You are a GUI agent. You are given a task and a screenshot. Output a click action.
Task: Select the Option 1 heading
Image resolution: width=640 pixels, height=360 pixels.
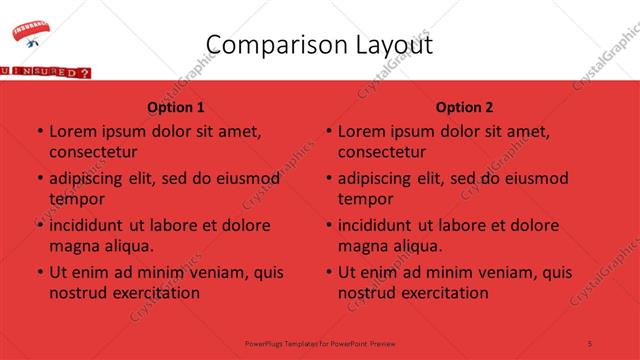tap(176, 107)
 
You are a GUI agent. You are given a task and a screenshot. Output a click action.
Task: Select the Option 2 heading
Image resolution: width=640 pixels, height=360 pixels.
tap(465, 107)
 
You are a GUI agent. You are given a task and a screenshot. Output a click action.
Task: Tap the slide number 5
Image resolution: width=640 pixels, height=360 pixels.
tap(590, 343)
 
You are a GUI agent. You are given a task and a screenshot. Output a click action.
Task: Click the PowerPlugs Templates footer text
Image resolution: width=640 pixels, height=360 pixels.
tap(320, 343)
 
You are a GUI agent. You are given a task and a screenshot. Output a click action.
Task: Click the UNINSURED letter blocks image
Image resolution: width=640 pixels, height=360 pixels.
tap(45, 72)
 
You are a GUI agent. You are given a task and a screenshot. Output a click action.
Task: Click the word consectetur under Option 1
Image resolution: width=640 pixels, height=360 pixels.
tap(93, 152)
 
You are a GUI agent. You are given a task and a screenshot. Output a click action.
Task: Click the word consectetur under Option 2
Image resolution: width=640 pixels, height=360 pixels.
tap(382, 152)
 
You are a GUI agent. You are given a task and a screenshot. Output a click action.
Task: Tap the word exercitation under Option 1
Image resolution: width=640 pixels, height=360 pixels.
tap(154, 293)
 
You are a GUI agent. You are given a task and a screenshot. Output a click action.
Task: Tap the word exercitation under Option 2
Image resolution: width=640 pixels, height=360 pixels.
tap(443, 293)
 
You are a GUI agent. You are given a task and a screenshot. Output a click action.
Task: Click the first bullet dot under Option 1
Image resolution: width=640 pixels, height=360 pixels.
tap(40, 132)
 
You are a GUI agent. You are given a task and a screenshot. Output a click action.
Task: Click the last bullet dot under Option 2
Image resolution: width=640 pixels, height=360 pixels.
tap(329, 272)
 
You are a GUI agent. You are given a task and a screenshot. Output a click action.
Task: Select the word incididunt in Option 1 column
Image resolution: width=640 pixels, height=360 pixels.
tap(88, 225)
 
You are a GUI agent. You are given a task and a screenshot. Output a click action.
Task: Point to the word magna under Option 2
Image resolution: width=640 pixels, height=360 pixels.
tap(361, 246)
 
